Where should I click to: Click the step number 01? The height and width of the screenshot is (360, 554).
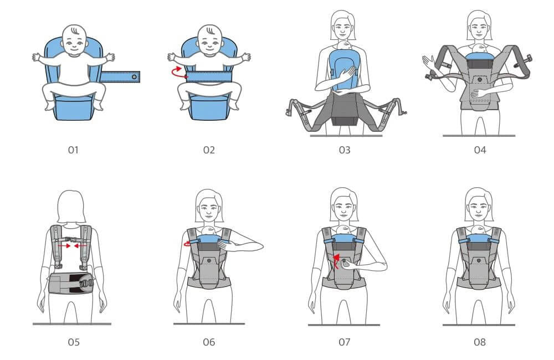pos(73,150)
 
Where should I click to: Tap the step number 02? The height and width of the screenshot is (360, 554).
pos(209,150)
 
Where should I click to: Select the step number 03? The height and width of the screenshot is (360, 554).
pos(345,150)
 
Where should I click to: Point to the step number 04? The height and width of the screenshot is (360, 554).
pos(480,150)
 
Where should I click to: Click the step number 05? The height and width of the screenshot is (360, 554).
pos(74,342)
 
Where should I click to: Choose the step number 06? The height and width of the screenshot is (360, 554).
pos(209,342)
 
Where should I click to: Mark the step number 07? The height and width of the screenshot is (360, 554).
pos(345,342)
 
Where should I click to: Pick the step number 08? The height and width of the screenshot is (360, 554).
pos(480,342)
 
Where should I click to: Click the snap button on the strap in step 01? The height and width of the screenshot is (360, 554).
pos(134,76)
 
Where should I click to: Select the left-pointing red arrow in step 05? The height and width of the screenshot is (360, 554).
pos(80,245)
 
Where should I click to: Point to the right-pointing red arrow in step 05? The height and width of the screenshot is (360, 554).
pos(64,245)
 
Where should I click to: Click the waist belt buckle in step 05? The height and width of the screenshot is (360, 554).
pos(86,282)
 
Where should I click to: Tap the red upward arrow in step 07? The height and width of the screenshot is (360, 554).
pos(336,260)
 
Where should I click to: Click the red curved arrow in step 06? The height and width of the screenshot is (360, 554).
pos(187,243)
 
